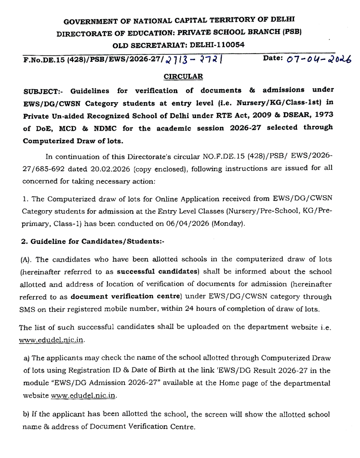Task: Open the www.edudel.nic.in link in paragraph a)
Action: (x=83, y=395)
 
